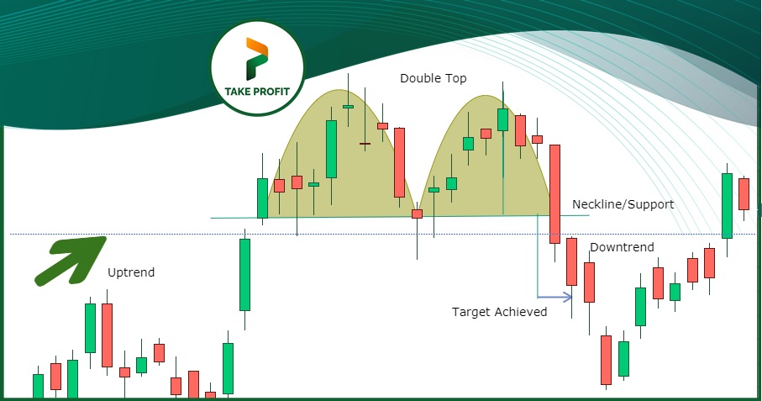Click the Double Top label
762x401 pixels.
coord(433,78)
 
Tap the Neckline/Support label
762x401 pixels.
coord(623,204)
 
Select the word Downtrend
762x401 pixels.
coord(622,247)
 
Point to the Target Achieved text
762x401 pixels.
coord(500,312)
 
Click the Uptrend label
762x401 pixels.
coord(131,272)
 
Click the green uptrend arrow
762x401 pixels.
coord(71,260)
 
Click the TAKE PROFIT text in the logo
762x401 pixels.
coord(257,92)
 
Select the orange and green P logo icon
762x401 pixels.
coord(257,58)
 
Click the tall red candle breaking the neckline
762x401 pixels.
coord(554,194)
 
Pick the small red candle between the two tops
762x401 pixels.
coord(417,214)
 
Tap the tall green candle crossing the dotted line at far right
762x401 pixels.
coord(727,206)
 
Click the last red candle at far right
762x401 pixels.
coord(744,194)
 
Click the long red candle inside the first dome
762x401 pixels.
coord(399,162)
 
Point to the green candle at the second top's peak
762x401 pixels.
coord(503,119)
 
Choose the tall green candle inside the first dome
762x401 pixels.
coord(331,150)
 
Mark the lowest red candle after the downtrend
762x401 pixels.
coord(606,360)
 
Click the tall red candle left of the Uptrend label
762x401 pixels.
coord(107,335)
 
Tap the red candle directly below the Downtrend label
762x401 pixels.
coord(589,282)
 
